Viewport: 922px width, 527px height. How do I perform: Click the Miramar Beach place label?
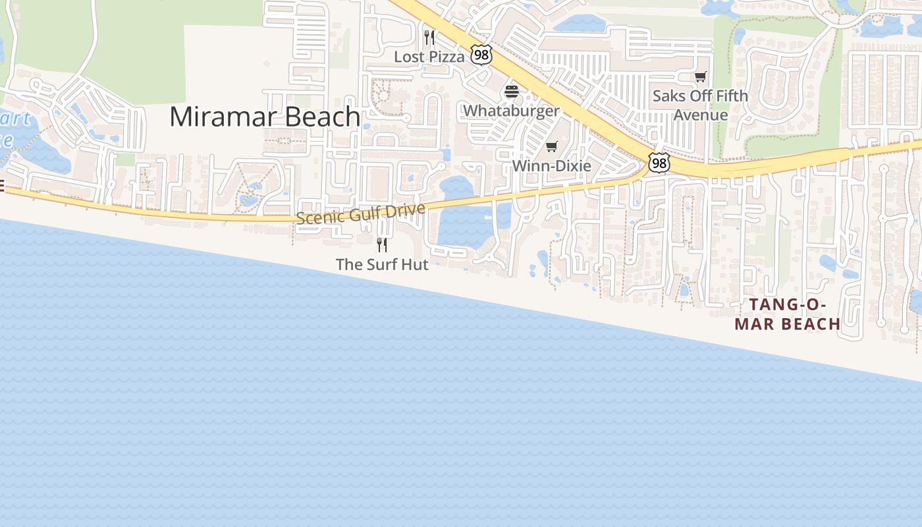pos(265,117)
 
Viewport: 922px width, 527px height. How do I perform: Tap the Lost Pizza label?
pos(429,57)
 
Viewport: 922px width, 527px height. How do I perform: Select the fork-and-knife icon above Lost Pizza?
pos(429,37)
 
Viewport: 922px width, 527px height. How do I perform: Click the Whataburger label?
pos(511,110)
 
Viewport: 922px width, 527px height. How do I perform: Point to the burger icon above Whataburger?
pos(512,91)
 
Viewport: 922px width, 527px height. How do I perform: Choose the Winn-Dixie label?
pos(552,165)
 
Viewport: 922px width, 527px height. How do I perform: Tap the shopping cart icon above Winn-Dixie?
pos(552,146)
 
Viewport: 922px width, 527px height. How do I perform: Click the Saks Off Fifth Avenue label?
pos(700,105)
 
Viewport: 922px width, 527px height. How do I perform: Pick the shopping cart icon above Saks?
pos(700,76)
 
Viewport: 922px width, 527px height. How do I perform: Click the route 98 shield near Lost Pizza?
pos(481,55)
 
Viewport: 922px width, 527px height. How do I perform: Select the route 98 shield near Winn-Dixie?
pos(659,163)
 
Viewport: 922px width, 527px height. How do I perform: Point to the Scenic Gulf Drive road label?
pos(360,213)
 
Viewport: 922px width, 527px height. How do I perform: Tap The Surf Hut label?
pos(382,264)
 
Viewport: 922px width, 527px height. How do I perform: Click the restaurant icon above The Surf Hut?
pos(382,245)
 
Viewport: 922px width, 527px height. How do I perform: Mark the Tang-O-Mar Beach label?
pos(788,314)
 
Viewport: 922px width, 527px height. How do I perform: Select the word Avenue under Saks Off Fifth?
pos(700,115)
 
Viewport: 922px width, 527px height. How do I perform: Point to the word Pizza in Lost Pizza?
pos(447,57)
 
